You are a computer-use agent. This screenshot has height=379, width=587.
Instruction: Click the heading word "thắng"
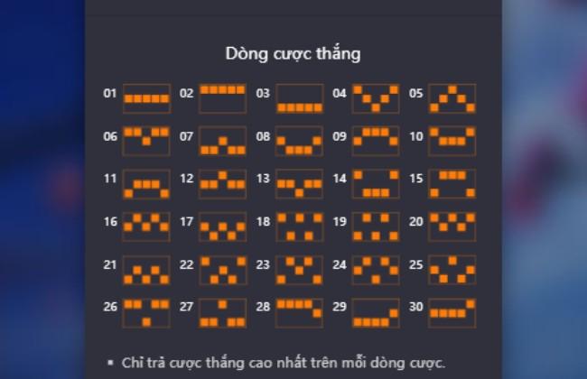click(x=339, y=54)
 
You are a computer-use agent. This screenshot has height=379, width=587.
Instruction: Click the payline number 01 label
click(x=109, y=93)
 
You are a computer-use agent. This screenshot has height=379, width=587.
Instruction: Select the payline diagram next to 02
click(x=223, y=98)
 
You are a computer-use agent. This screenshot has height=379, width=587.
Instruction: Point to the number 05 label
click(x=416, y=93)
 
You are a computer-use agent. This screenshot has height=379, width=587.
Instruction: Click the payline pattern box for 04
click(x=376, y=98)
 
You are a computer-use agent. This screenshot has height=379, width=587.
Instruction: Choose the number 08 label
click(x=263, y=136)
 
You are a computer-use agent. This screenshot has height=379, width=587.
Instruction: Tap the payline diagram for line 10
click(x=452, y=141)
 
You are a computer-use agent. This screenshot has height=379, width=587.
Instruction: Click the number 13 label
click(x=263, y=179)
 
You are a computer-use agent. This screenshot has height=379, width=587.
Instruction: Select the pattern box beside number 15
click(x=452, y=184)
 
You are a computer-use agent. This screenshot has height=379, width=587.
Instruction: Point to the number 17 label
click(x=186, y=221)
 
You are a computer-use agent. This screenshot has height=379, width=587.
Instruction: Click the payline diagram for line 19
click(x=376, y=226)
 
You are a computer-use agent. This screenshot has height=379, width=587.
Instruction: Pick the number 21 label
click(x=109, y=264)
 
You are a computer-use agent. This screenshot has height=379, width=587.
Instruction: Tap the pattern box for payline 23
click(x=299, y=270)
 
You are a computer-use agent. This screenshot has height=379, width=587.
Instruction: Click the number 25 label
click(x=416, y=264)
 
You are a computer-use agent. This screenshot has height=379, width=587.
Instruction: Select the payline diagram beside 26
click(x=146, y=313)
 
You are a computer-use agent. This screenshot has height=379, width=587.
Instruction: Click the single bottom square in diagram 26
click(x=146, y=322)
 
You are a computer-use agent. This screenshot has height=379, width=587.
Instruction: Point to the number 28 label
click(x=263, y=307)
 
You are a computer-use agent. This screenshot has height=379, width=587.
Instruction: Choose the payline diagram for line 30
click(x=452, y=313)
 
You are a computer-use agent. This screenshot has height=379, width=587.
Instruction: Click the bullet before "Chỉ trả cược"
click(x=110, y=362)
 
